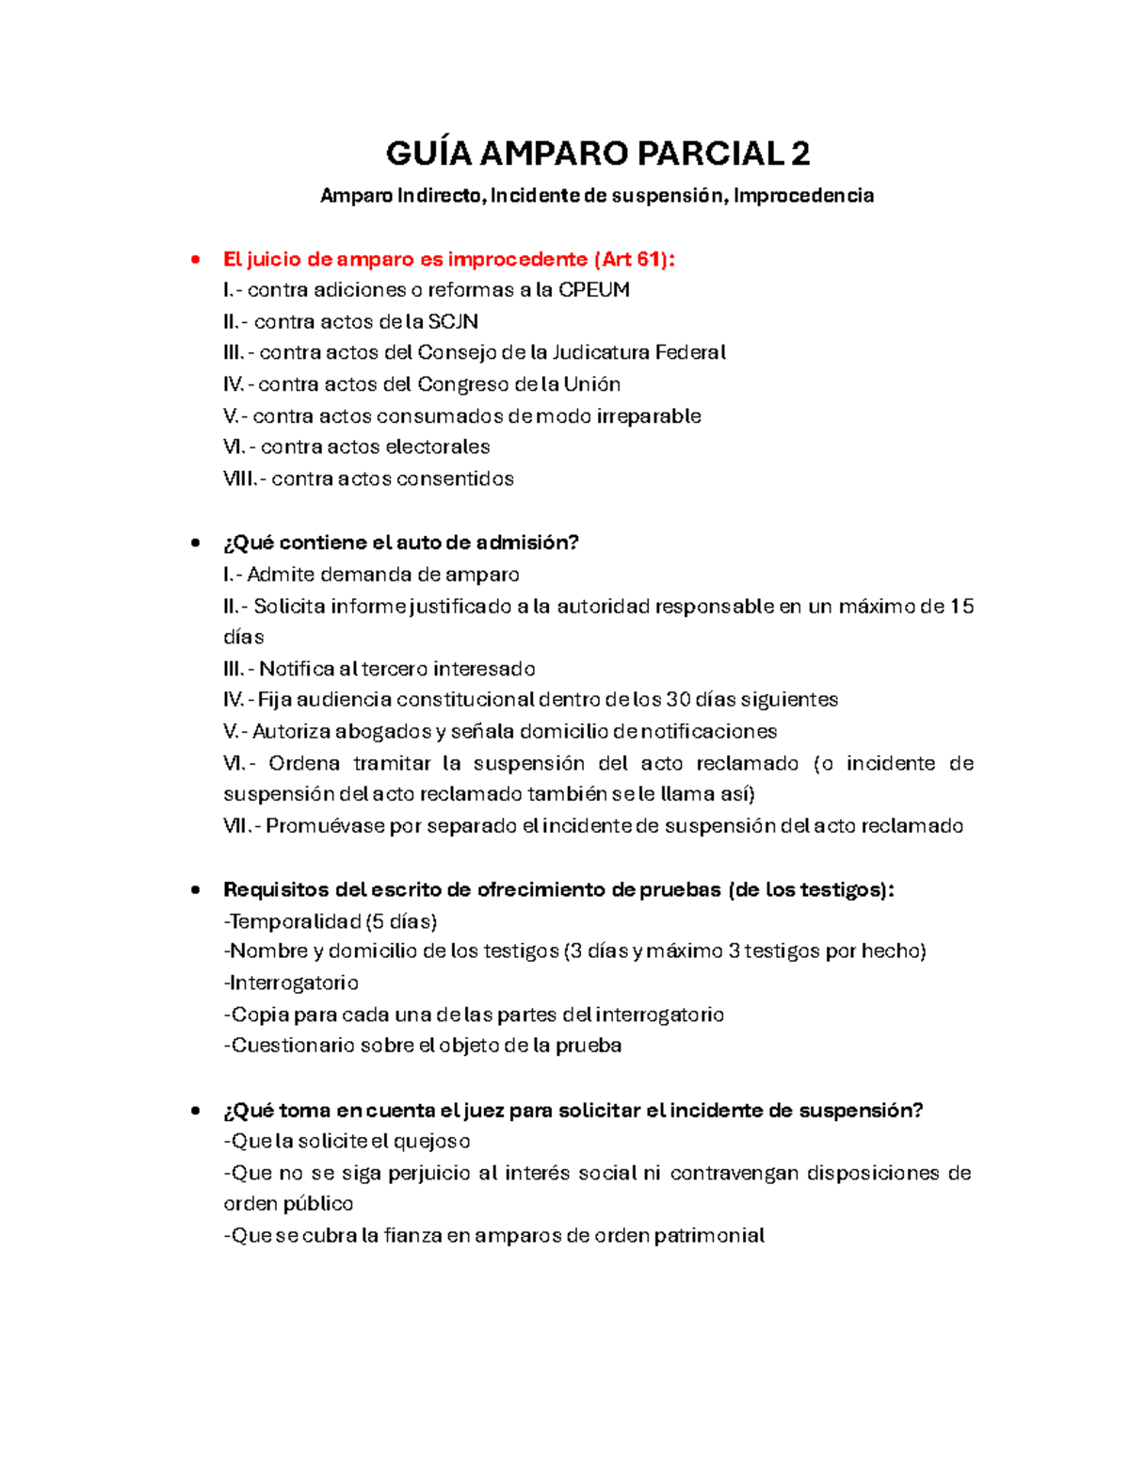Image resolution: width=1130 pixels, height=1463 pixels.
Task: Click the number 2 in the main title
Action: [x=799, y=154]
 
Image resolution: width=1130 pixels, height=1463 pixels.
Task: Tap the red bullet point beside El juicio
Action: [x=196, y=259]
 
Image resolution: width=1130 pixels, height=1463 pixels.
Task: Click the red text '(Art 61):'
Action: [x=635, y=259]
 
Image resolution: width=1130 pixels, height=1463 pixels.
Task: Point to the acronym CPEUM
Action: [x=594, y=290]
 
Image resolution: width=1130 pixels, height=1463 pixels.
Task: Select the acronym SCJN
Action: [x=453, y=322]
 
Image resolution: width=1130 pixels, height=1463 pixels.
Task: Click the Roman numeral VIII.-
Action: [x=244, y=480]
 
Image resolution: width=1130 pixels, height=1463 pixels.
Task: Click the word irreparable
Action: [x=649, y=416]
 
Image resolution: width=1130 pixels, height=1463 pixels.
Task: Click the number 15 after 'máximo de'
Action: [x=961, y=607]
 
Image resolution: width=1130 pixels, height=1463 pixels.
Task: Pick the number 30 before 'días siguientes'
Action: [x=678, y=700]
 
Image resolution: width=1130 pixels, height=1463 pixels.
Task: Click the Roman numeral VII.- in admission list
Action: [x=241, y=826]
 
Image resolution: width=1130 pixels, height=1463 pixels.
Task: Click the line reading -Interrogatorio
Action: [x=291, y=983]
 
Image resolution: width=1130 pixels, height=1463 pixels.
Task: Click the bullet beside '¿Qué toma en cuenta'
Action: [x=196, y=1111]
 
